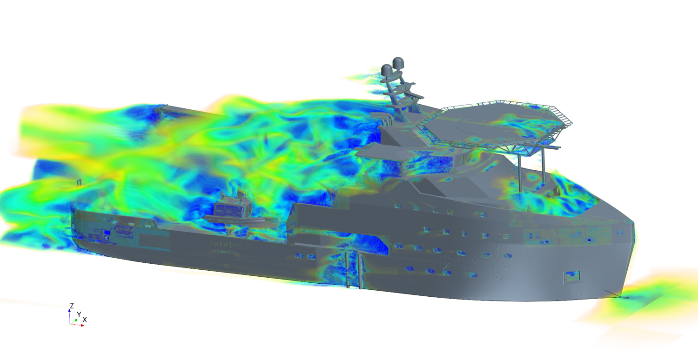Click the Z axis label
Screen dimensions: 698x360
click(x=72, y=306)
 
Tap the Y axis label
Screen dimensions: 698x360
click(x=79, y=314)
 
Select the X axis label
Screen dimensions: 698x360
click(x=84, y=320)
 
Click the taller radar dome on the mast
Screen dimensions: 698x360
click(x=397, y=63)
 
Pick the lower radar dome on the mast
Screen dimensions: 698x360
click(x=386, y=70)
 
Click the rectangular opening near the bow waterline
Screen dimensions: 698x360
click(x=571, y=277)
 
